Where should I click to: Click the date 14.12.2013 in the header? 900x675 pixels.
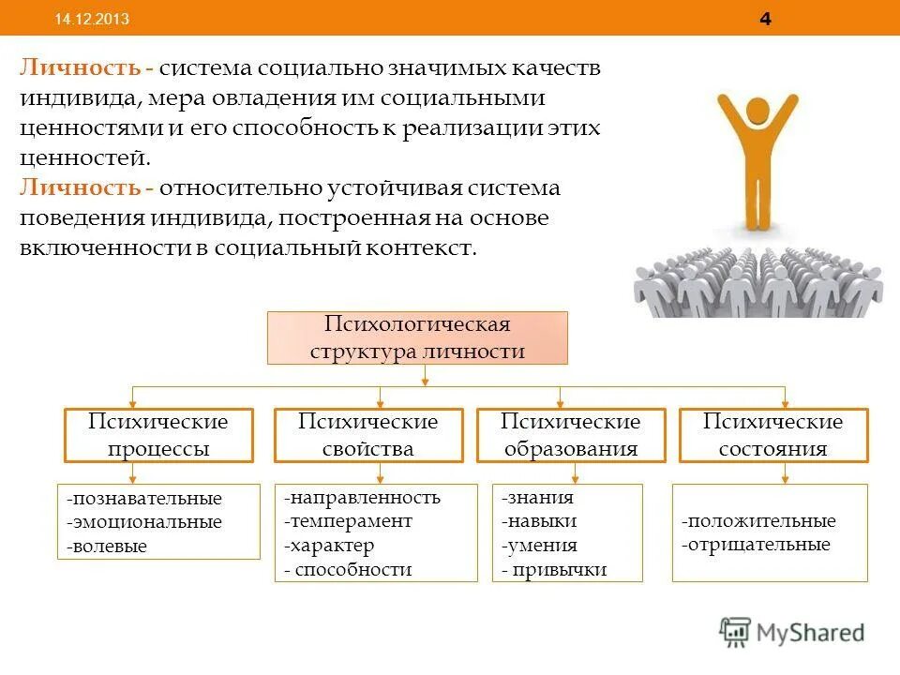coord(92,20)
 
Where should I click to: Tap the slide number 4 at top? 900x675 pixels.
coord(766,20)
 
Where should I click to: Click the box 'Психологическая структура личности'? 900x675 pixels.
coord(417,338)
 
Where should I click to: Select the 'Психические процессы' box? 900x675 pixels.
coord(158,435)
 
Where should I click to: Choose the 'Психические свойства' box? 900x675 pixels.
coord(368,435)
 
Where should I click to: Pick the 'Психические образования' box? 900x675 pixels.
coord(571,435)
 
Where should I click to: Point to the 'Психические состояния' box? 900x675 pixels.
coord(773,435)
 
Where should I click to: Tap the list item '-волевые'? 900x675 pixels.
coord(107,547)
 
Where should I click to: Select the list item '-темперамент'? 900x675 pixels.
coord(348,521)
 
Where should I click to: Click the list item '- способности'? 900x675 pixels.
coord(348,569)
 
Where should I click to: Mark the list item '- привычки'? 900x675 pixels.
coord(554,569)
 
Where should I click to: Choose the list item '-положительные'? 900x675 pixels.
coord(758,521)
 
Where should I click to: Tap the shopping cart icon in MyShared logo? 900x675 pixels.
coord(736,632)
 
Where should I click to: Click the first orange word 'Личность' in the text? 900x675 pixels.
coord(80,69)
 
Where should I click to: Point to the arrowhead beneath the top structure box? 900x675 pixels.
coord(426,380)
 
